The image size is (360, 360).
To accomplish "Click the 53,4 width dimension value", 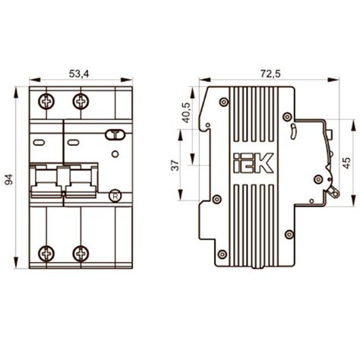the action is pos(79,74).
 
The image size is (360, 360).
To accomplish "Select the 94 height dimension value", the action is pos(9,179).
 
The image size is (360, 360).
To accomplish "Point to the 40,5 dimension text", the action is pos(187,112).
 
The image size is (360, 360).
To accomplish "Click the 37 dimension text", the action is pos(175,166).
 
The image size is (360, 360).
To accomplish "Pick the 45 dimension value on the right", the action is pos(346,163).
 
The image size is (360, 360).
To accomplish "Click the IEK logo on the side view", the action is pos(253,163).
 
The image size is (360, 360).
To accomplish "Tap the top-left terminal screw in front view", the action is pos(46,102).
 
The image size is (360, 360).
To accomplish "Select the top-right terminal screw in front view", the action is pos(81,102).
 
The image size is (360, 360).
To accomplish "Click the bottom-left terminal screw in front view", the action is pos(46,254).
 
